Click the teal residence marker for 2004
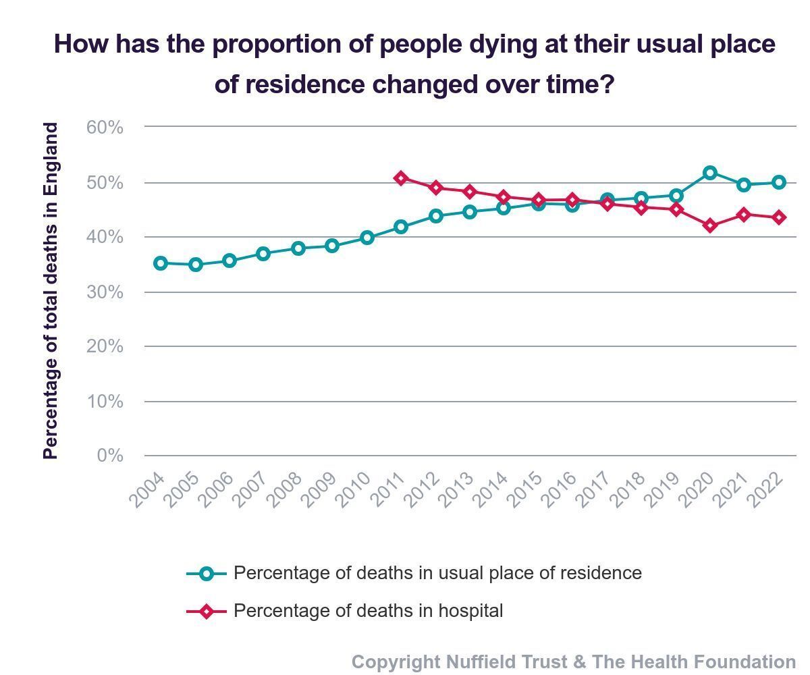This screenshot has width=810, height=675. click(x=161, y=263)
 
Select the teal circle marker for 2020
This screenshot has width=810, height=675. click(x=709, y=173)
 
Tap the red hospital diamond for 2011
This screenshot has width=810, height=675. click(x=401, y=178)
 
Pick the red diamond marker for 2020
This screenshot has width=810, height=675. click(x=709, y=225)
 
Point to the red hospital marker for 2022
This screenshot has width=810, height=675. click(x=778, y=217)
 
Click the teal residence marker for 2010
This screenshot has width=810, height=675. click(x=367, y=238)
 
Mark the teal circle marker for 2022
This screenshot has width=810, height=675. click(x=778, y=182)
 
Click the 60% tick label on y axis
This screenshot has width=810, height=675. click(x=105, y=127)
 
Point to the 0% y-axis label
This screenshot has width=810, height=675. click(x=110, y=456)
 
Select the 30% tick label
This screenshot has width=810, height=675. click(x=105, y=292)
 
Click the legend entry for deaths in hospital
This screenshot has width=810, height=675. click(x=368, y=611)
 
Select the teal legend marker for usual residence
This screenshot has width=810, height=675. click(x=207, y=574)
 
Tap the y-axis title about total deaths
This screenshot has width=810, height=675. click(x=51, y=291)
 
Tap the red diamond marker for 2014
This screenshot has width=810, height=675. click(x=504, y=197)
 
